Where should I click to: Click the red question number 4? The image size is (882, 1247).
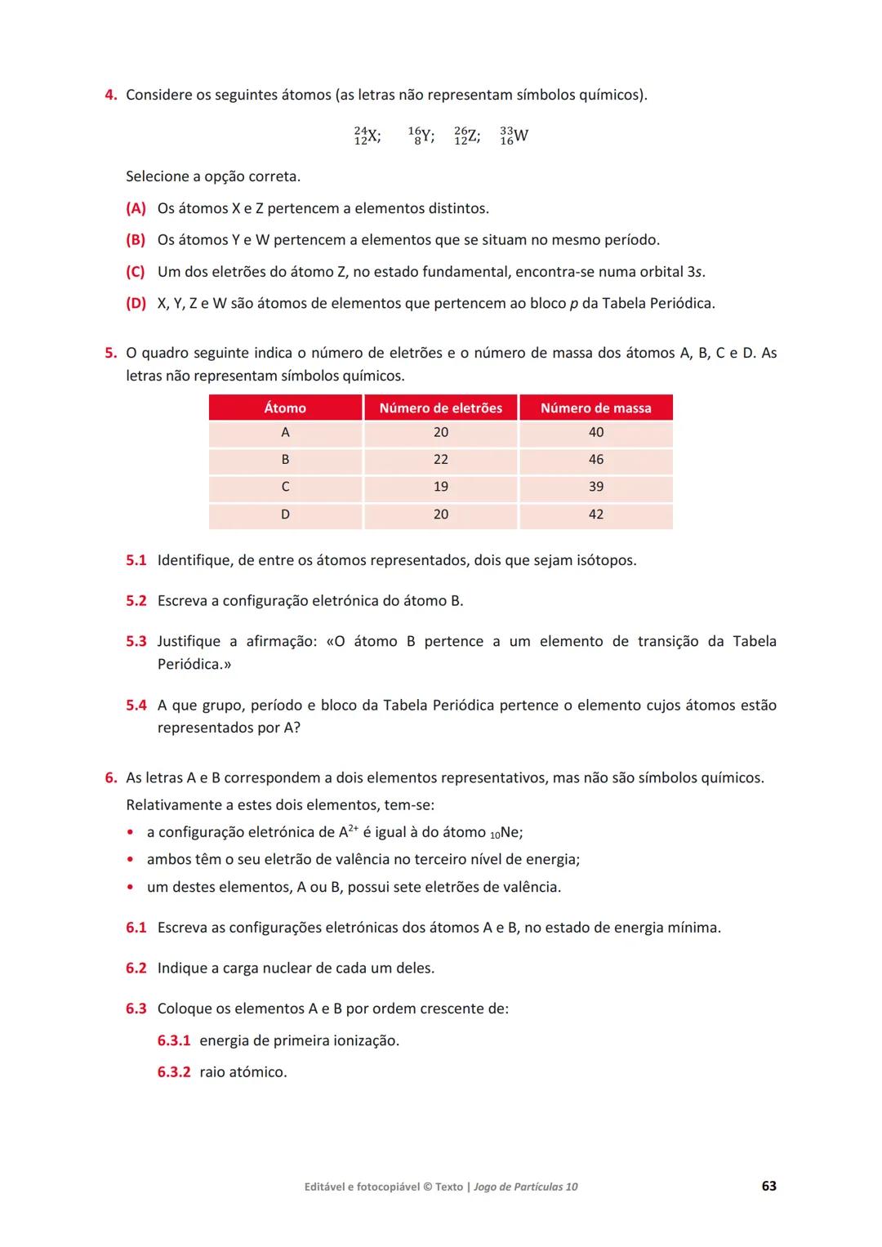click(x=110, y=95)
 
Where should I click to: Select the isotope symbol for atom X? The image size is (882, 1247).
click(x=367, y=136)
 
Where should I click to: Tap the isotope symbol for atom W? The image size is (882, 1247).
click(x=514, y=136)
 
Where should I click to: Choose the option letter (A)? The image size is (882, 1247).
click(x=136, y=208)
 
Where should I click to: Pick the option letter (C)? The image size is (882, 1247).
click(x=136, y=272)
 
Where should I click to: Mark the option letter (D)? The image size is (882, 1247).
click(x=136, y=304)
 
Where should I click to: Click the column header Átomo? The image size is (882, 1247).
click(x=285, y=408)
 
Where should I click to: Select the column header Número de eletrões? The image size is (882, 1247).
click(x=440, y=408)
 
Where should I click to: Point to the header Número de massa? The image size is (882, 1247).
click(x=595, y=408)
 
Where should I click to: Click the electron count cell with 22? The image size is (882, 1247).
click(x=440, y=460)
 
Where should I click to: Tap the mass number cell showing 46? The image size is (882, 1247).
click(x=595, y=460)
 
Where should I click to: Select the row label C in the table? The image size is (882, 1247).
click(x=285, y=487)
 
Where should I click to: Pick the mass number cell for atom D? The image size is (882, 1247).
click(x=595, y=514)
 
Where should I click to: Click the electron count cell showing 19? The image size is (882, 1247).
click(x=440, y=487)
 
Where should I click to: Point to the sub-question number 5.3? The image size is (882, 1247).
click(x=136, y=642)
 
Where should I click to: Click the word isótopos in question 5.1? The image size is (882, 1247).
click(x=605, y=560)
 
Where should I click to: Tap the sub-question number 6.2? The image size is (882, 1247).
click(x=136, y=969)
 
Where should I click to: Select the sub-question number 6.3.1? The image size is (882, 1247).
click(x=173, y=1040)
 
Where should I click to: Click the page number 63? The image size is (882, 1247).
click(x=768, y=1186)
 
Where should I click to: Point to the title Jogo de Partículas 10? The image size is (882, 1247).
click(x=525, y=1187)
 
